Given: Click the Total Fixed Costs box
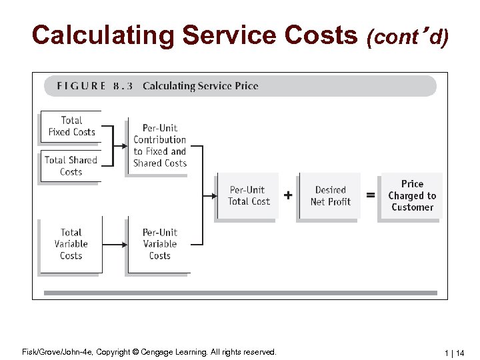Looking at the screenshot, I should click(x=71, y=126).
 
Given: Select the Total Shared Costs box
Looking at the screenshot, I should click(x=71, y=166).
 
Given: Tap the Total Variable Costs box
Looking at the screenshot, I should click(x=71, y=244).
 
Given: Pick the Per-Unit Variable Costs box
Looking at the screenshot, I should click(x=160, y=244).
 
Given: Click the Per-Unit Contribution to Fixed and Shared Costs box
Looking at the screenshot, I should click(x=159, y=145).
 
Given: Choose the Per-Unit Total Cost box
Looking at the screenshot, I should click(x=247, y=195).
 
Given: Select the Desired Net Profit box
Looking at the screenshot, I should click(x=331, y=195).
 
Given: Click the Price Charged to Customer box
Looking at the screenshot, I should click(x=412, y=195).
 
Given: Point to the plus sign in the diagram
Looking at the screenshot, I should click(x=288, y=195).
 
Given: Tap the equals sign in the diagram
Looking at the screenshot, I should click(x=371, y=195).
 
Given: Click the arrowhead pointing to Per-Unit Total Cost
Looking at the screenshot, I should click(x=213, y=195).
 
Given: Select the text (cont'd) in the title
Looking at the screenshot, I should click(x=407, y=37).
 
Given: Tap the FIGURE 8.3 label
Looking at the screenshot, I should click(x=95, y=86).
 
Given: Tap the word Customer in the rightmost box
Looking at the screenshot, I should click(x=412, y=207).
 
